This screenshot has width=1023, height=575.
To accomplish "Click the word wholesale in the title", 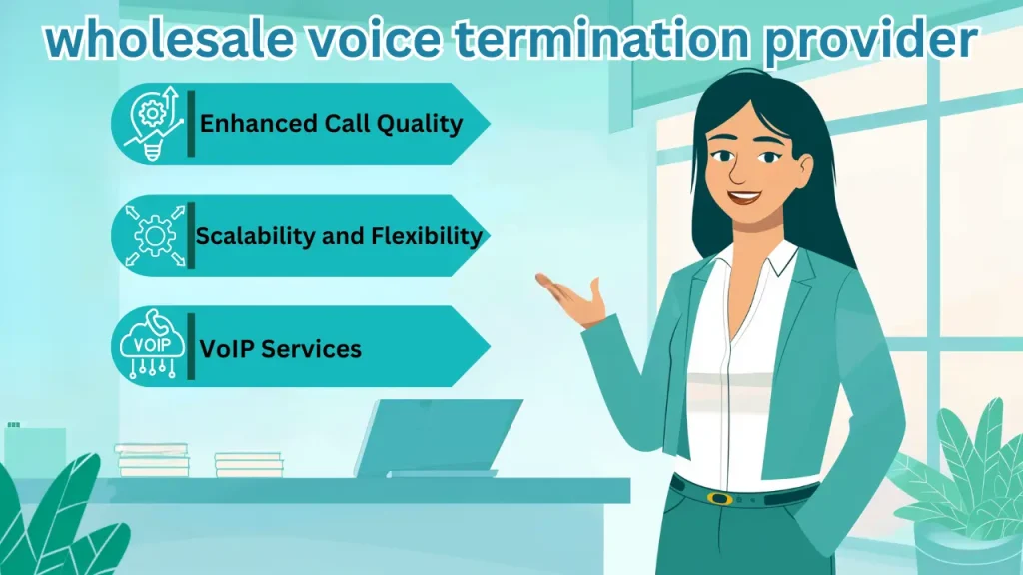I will [x=156, y=42].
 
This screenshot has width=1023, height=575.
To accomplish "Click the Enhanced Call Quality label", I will [x=331, y=124].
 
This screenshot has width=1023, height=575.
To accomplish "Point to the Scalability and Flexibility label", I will [x=339, y=236].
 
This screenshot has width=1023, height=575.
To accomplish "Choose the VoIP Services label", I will [x=280, y=348].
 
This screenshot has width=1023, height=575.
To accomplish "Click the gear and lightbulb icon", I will [x=151, y=124].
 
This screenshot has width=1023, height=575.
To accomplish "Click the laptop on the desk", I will [x=440, y=439].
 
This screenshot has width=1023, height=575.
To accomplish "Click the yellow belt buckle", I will [x=718, y=496].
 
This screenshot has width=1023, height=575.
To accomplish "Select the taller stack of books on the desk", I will [x=152, y=460].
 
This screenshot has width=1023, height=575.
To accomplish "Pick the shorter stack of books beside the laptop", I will [x=249, y=464].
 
